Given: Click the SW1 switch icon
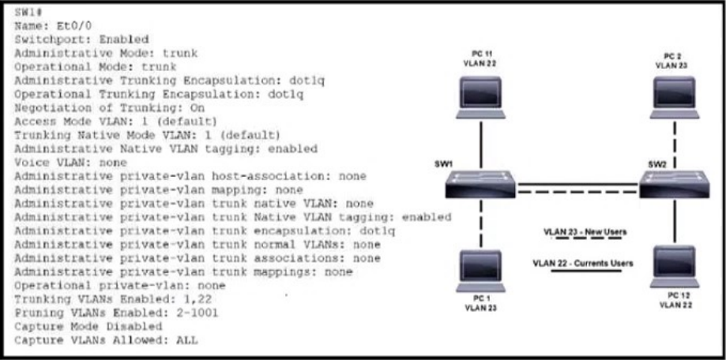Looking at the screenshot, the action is tap(480, 184).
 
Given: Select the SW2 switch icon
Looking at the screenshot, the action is tap(675, 184).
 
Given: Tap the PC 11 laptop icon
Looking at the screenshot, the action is tap(480, 98).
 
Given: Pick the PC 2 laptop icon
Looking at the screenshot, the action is tap(675, 98).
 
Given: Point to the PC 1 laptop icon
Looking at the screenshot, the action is tap(480, 271).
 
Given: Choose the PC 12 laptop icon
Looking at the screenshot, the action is tap(675, 267).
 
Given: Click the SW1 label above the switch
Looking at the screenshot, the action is tap(443, 164).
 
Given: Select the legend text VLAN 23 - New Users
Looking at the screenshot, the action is tap(585, 231).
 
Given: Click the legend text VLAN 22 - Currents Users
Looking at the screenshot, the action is tap(583, 264).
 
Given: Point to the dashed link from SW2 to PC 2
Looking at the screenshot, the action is tap(675, 144).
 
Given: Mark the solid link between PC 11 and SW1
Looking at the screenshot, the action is tap(481, 144).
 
